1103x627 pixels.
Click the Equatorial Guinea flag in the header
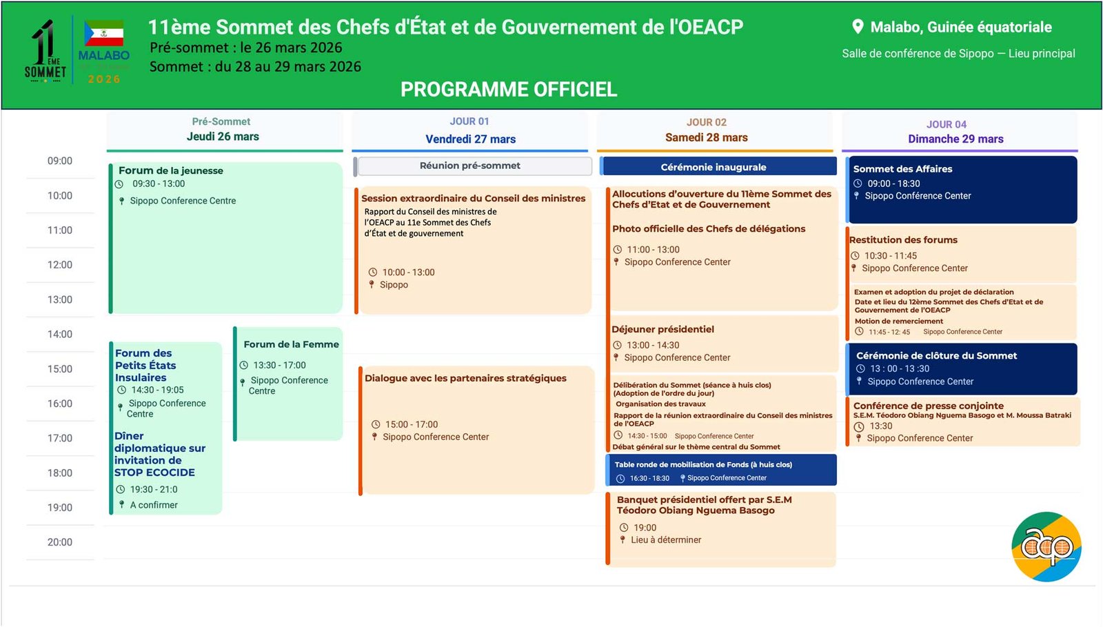(104, 33)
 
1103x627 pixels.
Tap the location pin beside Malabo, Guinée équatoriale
(858, 27)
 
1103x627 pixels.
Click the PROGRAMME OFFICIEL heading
(509, 90)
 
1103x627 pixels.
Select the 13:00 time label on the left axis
(60, 300)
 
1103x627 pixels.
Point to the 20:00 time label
(60, 543)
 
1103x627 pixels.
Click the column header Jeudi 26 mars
(223, 137)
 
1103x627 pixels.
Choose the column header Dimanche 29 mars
(955, 139)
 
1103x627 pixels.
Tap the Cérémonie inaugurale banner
(714, 167)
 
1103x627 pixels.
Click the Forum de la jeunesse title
(171, 170)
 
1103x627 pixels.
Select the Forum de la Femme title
(291, 344)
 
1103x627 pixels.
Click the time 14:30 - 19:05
(158, 390)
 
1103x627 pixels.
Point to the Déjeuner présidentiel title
(663, 330)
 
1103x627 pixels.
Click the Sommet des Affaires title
(902, 169)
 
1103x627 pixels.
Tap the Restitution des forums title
(903, 240)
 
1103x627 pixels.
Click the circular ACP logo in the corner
(1046, 546)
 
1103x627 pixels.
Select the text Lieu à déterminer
(666, 540)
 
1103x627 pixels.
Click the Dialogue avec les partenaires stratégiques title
(465, 378)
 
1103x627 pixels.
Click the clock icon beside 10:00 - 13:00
(373, 272)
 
